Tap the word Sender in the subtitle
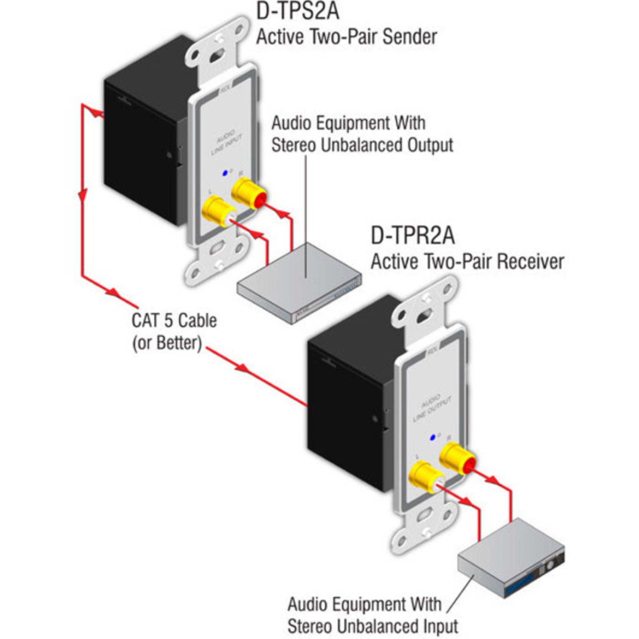(410, 37)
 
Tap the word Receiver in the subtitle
(530, 262)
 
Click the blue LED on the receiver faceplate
(432, 438)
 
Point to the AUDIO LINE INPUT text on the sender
(227, 143)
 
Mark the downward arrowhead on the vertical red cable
(83, 195)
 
